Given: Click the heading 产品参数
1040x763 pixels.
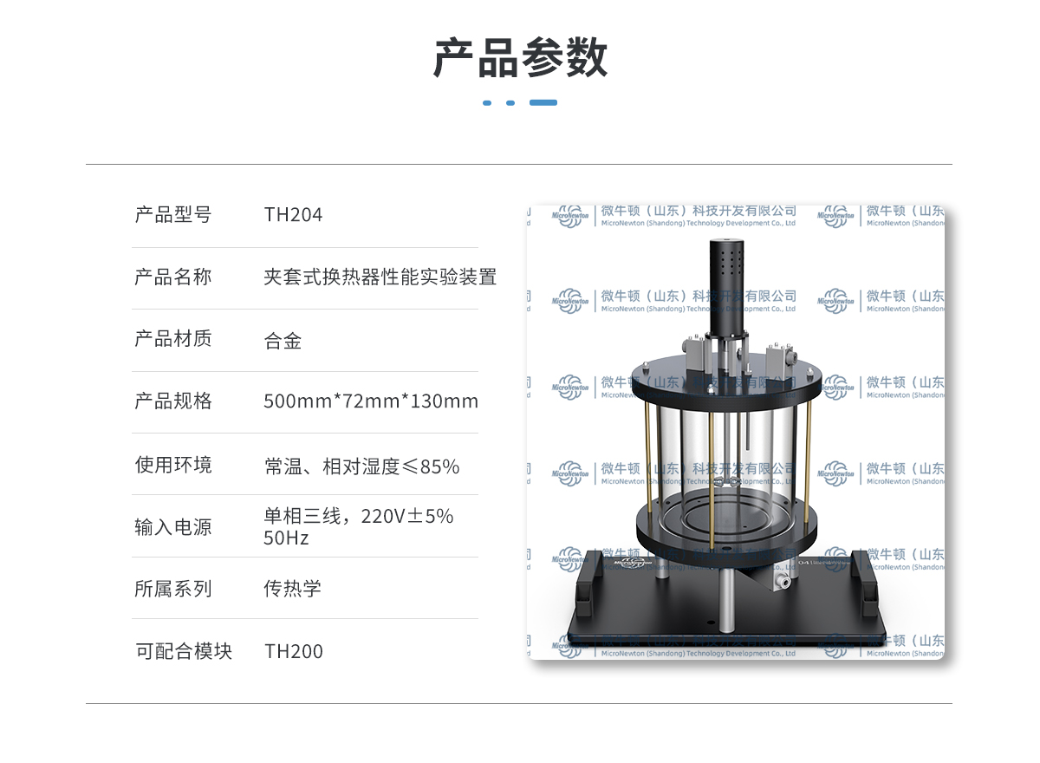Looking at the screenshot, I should [520, 58].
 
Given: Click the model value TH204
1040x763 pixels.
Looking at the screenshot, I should [293, 215].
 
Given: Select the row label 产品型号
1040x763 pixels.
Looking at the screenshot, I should [173, 215].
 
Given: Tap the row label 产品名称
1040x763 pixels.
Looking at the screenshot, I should [173, 277].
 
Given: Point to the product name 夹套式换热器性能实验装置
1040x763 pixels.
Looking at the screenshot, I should [380, 277].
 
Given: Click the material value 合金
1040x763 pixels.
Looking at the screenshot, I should [283, 341].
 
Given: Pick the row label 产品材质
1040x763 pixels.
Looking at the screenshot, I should [173, 339].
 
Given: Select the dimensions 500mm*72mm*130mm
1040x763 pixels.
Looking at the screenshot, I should [371, 401].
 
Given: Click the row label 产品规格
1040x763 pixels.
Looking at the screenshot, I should [173, 401].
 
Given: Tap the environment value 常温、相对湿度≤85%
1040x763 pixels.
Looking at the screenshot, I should [361, 466].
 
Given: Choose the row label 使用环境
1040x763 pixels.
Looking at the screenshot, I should [173, 465].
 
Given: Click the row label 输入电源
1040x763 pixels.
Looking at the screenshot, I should [173, 527].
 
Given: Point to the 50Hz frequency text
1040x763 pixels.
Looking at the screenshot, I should [286, 538].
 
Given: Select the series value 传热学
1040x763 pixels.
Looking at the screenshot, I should [292, 589].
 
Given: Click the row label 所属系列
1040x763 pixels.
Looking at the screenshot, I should [173, 589].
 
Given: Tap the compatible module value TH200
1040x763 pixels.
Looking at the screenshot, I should [294, 652].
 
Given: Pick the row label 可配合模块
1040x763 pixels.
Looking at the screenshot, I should [184, 651].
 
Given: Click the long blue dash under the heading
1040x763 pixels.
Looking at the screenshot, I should [543, 102].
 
